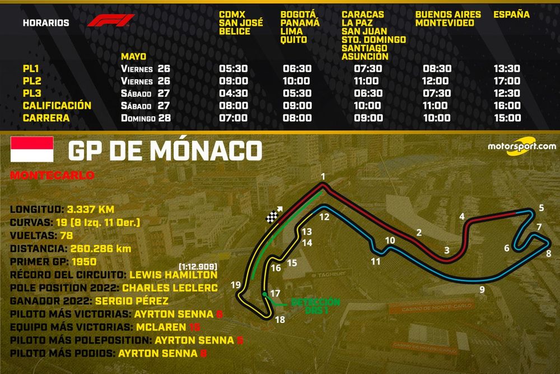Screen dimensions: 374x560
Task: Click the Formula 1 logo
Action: [110, 21]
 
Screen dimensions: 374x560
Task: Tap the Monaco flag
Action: [32, 149]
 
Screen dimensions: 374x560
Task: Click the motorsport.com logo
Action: [521, 146]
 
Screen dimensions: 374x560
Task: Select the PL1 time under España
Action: [507, 69]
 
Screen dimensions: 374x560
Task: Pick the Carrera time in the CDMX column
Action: [233, 118]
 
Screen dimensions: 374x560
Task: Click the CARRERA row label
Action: [46, 118]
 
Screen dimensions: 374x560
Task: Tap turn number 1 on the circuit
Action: [323, 177]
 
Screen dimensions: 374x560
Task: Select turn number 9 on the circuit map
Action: [482, 289]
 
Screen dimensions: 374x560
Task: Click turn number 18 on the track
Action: [280, 320]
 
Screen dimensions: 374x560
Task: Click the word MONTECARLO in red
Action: [52, 175]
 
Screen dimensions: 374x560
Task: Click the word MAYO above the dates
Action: [133, 57]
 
